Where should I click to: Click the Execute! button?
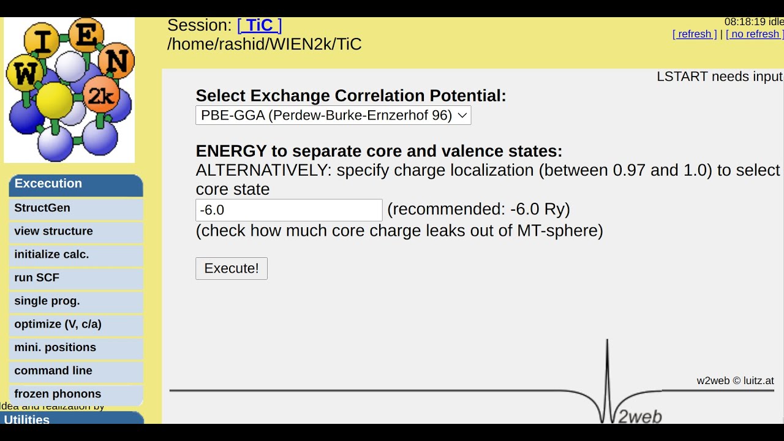click(232, 268)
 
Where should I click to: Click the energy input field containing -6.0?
click(288, 210)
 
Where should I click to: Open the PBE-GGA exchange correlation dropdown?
click(333, 115)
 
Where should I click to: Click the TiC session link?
click(259, 25)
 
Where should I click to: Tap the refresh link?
click(695, 34)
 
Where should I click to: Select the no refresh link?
click(754, 34)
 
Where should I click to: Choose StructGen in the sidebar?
click(42, 208)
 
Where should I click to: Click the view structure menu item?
click(54, 232)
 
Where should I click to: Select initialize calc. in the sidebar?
click(52, 255)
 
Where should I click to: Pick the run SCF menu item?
click(37, 278)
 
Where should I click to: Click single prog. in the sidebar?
click(47, 301)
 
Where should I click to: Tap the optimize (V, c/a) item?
click(58, 325)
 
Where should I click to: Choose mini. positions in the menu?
click(55, 348)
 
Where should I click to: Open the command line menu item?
click(53, 371)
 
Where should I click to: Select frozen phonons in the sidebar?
click(58, 394)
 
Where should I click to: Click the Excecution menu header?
click(48, 184)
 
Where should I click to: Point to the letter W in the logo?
click(24, 75)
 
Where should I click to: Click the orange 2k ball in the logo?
click(100, 94)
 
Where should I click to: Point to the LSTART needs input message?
click(719, 77)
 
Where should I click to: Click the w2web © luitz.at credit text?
click(735, 380)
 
